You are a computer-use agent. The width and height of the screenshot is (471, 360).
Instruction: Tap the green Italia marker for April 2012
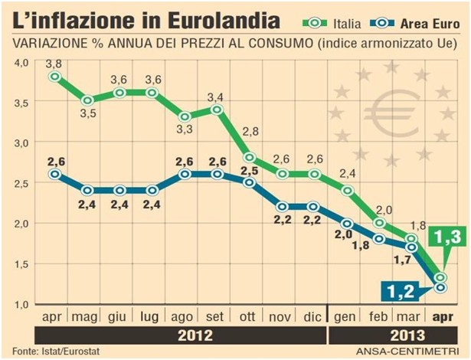tap(54, 77)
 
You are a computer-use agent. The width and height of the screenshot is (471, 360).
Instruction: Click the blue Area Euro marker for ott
tap(250, 182)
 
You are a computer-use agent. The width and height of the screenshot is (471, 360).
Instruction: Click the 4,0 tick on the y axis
tap(19, 61)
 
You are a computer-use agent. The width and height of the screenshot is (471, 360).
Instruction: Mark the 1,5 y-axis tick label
tap(19, 264)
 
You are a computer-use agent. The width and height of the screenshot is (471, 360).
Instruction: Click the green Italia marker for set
tap(217, 110)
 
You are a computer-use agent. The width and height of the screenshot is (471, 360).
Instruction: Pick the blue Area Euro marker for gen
tap(348, 223)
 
